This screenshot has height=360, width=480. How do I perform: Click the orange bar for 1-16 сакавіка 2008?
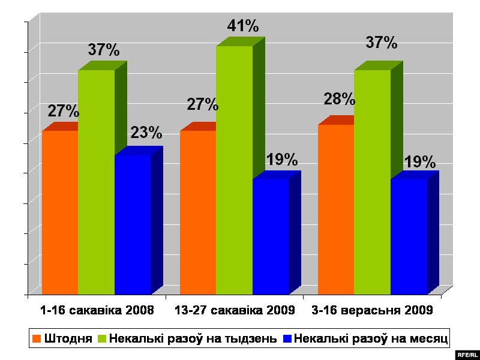coord(60,212)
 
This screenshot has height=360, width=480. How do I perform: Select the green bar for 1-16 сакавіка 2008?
coord(96,182)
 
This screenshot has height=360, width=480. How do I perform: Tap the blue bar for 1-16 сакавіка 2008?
coord(133,224)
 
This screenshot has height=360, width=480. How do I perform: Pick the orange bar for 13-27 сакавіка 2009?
coord(198,212)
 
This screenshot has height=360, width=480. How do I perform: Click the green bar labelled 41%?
coord(234,170)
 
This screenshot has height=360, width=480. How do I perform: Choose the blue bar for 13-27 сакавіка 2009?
coord(271,236)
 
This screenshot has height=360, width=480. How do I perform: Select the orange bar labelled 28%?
coord(336,209)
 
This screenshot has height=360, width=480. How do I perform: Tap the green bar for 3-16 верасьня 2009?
coord(372,182)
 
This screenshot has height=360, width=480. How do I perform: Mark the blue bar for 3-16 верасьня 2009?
coord(409,236)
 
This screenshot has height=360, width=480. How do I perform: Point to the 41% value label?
coord(242,26)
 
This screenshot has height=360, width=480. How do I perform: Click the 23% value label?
coord(146,132)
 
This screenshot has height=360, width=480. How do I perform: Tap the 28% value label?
coord(340,99)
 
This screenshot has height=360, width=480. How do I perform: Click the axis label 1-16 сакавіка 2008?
coord(97,311)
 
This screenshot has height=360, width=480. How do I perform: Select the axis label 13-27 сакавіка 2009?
coord(235,311)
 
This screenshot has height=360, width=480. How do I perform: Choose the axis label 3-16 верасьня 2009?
coord(372,311)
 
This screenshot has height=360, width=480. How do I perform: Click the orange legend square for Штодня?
coord(37,338)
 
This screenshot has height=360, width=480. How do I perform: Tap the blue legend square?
coord(287,338)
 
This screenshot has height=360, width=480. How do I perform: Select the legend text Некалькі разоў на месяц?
coord(372,338)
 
